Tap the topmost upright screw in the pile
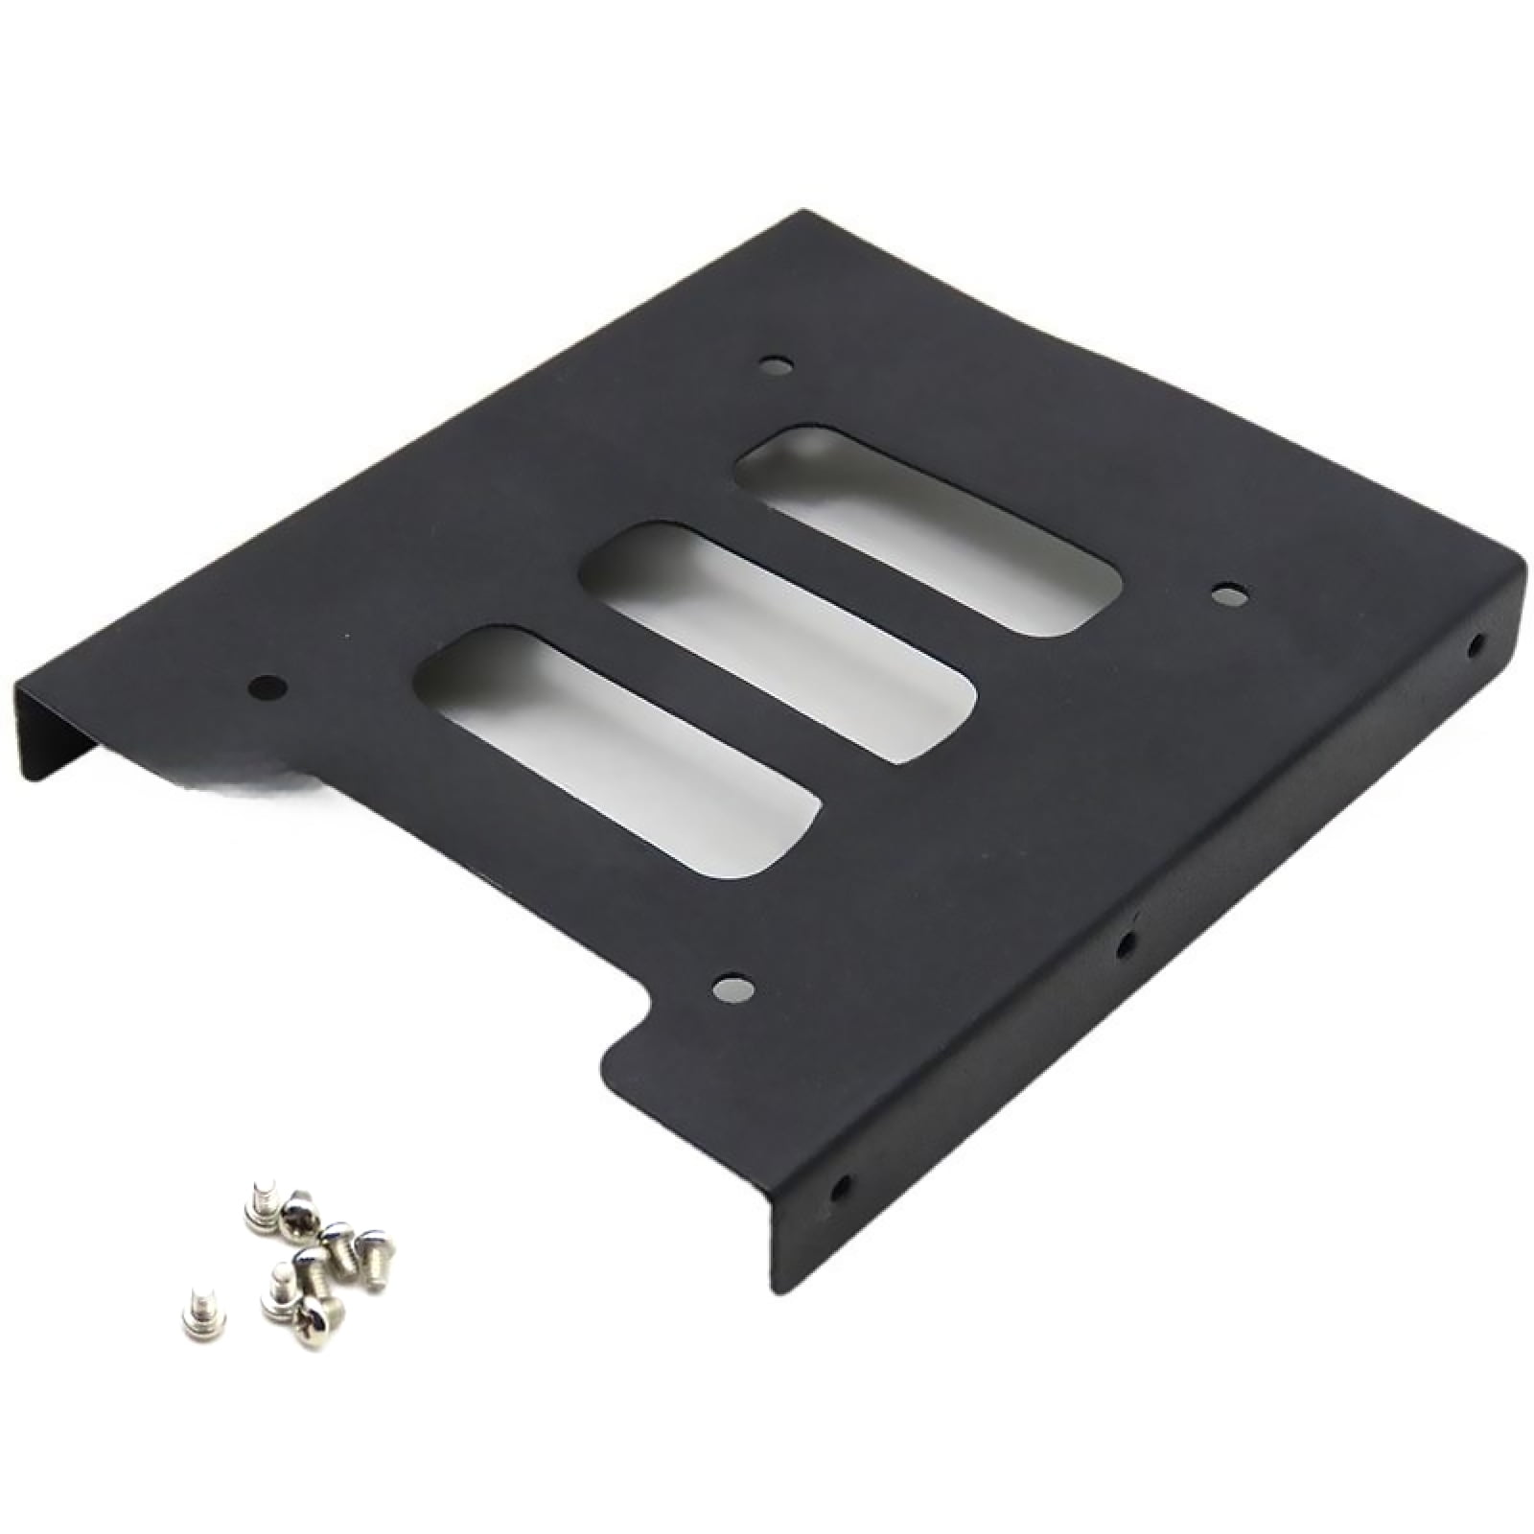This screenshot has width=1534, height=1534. click(262, 1204)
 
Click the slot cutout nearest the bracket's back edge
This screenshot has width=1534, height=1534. click(926, 530)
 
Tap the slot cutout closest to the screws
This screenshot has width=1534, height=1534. click(616, 749)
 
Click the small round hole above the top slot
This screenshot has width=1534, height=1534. click(776, 365)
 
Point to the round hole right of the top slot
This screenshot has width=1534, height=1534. click(1228, 596)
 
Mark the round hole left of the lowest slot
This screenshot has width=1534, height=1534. click(267, 686)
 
